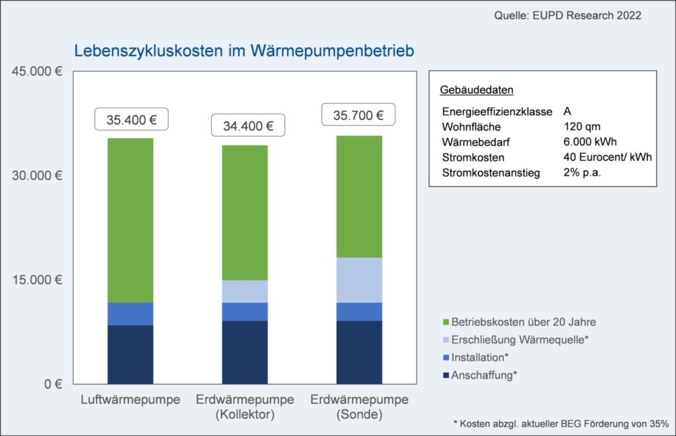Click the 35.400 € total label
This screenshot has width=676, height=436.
(x=131, y=120)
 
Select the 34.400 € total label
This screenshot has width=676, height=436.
(x=248, y=125)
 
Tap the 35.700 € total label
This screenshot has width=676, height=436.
(x=358, y=115)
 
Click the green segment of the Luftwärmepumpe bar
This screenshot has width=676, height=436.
(x=131, y=220)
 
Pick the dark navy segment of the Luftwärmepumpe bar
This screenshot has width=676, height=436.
(x=131, y=354)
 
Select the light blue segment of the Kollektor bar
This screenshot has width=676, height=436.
(x=245, y=292)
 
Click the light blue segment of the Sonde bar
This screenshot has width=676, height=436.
(x=359, y=280)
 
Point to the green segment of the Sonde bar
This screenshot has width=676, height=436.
(x=359, y=197)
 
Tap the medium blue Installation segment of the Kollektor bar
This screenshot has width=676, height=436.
(x=245, y=311)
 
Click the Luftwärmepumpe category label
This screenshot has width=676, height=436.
(x=131, y=400)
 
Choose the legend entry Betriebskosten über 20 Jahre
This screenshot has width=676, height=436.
(x=523, y=322)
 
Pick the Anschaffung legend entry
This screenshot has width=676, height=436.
(x=483, y=375)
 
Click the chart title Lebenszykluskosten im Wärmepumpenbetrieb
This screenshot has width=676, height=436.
(x=244, y=51)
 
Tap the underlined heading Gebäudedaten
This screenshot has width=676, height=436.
(x=476, y=90)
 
